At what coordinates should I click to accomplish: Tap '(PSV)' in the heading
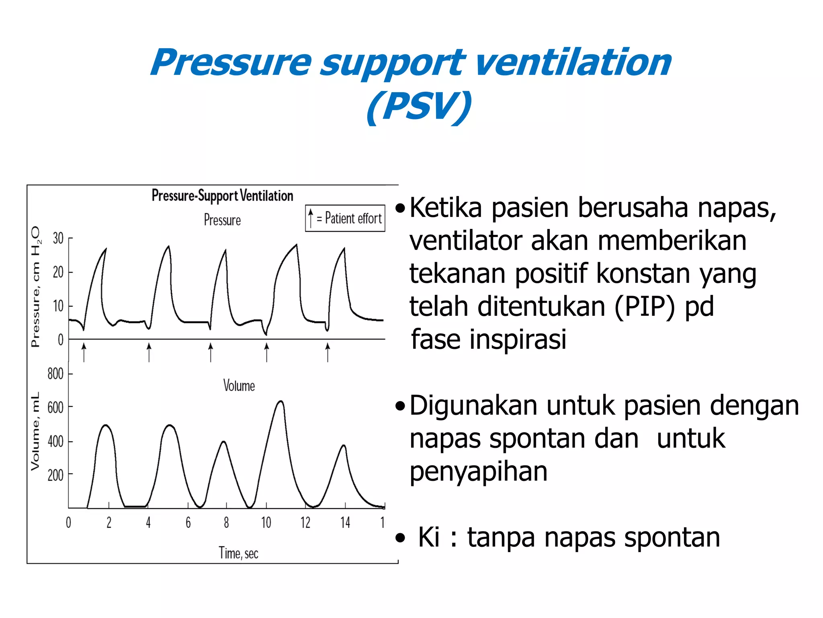(419, 107)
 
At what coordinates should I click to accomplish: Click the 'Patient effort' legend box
(345, 218)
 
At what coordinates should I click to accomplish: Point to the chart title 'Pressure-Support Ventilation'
(222, 196)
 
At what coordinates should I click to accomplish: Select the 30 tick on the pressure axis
(58, 238)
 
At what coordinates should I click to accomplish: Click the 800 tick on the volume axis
(55, 374)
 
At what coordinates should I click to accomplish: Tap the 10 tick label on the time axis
(266, 523)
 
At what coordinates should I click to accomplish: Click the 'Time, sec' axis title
(238, 553)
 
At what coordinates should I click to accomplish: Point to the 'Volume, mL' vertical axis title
(35, 431)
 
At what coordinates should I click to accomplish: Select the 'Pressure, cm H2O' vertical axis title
(35, 286)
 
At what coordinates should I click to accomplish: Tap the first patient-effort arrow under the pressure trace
(84, 351)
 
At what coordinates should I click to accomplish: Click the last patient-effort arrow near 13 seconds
(328, 351)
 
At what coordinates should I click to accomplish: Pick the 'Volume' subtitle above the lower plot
(239, 386)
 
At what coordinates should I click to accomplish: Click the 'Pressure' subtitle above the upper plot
(222, 220)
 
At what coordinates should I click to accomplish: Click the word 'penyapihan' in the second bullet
(478, 472)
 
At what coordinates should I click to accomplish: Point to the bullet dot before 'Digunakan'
(400, 406)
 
